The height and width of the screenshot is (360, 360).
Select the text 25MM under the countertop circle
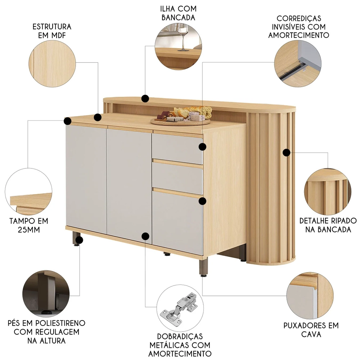(x=29, y=230)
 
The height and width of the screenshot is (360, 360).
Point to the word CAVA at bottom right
(x=311, y=334)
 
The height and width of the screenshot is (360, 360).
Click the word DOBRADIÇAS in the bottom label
(x=180, y=336)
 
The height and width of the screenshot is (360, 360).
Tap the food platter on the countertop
(x=181, y=116)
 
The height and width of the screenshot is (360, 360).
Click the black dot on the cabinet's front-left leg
(x=79, y=240)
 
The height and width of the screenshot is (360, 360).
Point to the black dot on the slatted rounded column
(x=286, y=152)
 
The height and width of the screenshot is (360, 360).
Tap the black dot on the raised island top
(x=145, y=99)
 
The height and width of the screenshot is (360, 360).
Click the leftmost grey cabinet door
(x=86, y=179)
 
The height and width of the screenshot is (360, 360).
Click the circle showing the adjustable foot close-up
(x=46, y=294)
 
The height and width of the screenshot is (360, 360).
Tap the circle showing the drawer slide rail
(x=298, y=64)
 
